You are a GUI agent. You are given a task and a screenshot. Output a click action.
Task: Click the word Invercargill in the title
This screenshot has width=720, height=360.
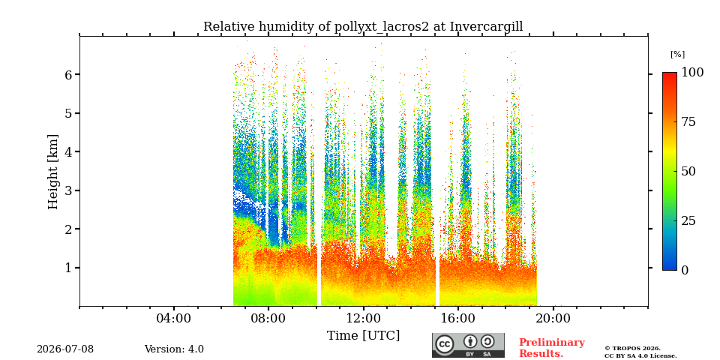486,27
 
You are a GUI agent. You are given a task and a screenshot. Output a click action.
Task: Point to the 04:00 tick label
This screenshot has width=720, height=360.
174,319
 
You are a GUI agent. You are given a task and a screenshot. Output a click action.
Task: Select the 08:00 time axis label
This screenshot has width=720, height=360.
268,319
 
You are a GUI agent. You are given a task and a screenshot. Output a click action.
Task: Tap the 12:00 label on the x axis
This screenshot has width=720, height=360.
364,319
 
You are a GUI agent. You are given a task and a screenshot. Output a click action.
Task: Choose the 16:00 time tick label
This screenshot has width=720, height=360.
458,319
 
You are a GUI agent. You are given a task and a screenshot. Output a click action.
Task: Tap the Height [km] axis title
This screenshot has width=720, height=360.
53,172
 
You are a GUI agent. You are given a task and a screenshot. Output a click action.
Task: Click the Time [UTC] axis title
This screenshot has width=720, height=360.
363,336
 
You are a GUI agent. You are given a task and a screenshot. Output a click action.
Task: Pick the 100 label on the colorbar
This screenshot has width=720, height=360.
692,73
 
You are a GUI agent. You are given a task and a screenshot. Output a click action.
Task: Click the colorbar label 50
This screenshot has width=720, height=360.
688,172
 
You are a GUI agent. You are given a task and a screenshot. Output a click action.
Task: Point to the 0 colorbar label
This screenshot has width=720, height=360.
685,271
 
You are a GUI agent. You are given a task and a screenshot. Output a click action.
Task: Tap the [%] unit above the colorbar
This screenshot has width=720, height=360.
677,54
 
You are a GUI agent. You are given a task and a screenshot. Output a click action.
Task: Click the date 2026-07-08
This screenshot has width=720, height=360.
65,349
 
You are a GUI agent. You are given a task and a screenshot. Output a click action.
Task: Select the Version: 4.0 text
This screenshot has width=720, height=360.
174,349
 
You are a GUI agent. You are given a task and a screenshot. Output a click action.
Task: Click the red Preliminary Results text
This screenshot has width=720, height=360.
551,348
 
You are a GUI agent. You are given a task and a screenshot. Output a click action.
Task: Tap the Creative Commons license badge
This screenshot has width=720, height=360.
468,345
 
